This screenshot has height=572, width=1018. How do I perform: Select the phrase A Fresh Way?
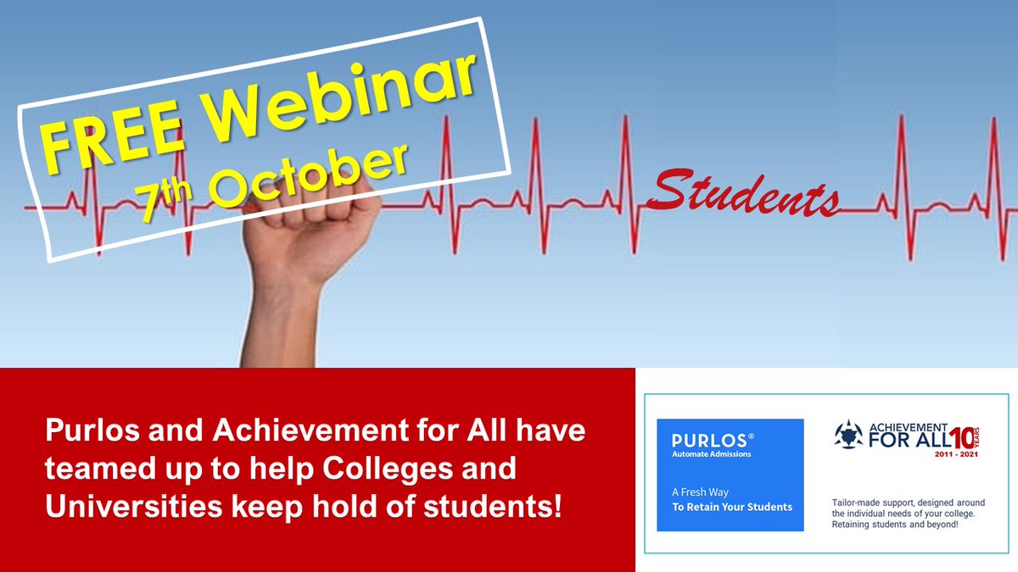(700, 492)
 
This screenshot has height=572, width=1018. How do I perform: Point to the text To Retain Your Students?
(731, 507)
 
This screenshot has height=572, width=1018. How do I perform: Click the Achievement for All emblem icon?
(848, 435)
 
